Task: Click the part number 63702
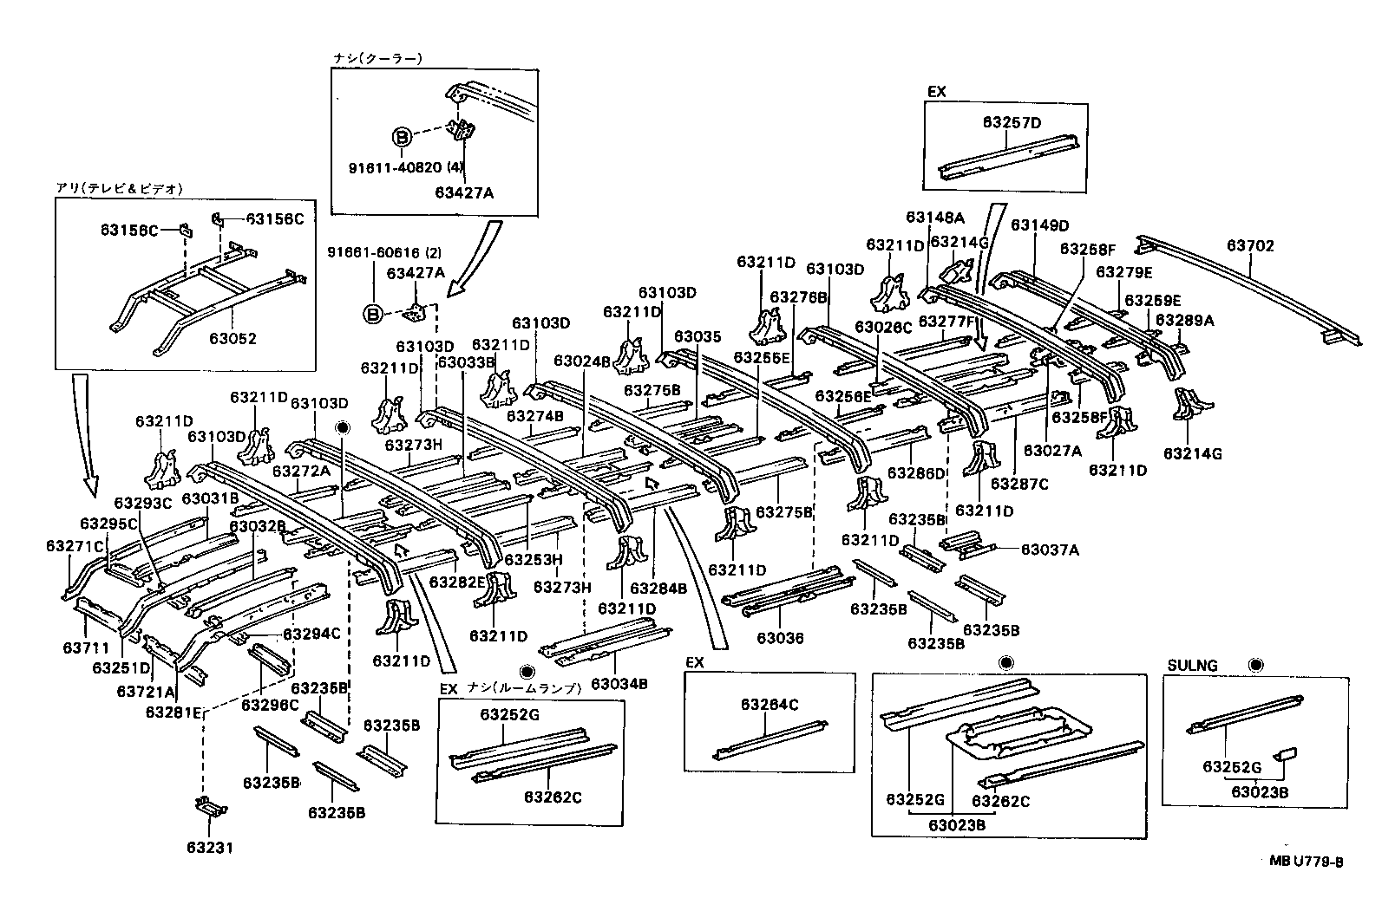tap(1250, 246)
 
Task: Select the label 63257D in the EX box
tap(1012, 123)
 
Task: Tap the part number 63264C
tap(770, 705)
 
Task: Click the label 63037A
tap(1049, 549)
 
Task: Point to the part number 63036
tap(780, 638)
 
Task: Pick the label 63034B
tap(619, 684)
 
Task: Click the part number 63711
tap(87, 648)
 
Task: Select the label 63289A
tap(1184, 320)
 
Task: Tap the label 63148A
tap(935, 217)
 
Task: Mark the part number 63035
tap(697, 336)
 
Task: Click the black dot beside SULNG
tap(1255, 665)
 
